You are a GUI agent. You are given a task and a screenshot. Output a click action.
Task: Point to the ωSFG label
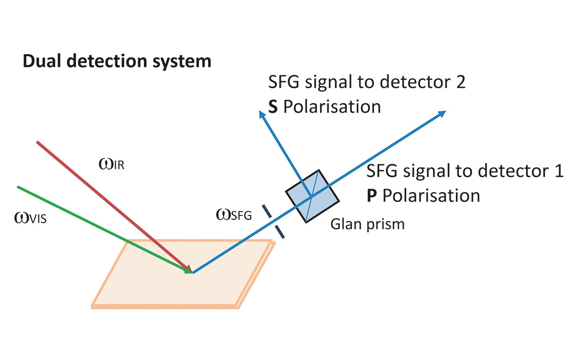coord(234,216)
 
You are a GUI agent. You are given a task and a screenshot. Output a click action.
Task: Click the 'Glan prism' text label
coord(367,224)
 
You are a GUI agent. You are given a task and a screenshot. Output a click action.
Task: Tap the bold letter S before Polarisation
coord(273,107)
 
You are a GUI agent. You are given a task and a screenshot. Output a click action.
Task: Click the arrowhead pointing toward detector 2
coord(262,114)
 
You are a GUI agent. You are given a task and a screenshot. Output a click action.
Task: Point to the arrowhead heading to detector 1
coord(442,114)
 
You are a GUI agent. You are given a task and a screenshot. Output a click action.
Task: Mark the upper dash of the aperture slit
coord(265,212)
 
